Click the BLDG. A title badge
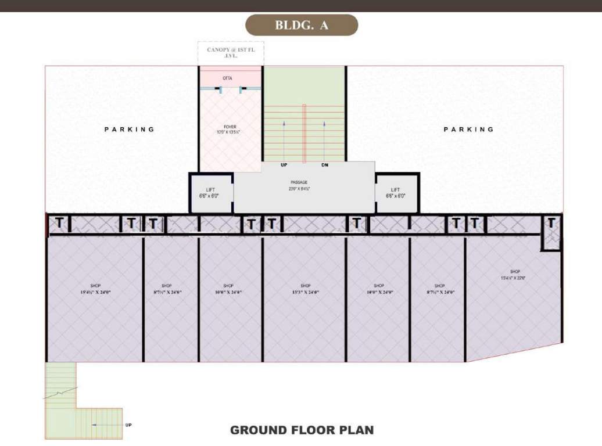pyautogui.click(x=302, y=26)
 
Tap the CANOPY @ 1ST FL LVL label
pyautogui.click(x=231, y=53)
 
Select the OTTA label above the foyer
pyautogui.click(x=228, y=78)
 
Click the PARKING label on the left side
pyautogui.click(x=130, y=130)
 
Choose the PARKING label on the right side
pyautogui.click(x=468, y=130)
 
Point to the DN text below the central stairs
pyautogui.click(x=325, y=166)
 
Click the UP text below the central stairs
pyautogui.click(x=284, y=166)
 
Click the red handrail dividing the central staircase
pyautogui.click(x=304, y=134)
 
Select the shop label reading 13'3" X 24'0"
pyautogui.click(x=306, y=289)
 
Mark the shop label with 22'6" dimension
pyautogui.click(x=515, y=275)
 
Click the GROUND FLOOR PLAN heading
pyautogui.click(x=302, y=430)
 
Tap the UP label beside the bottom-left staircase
pyautogui.click(x=128, y=425)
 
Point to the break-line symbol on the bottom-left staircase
pyautogui.click(x=60, y=393)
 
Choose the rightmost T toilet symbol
pyautogui.click(x=551, y=222)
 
